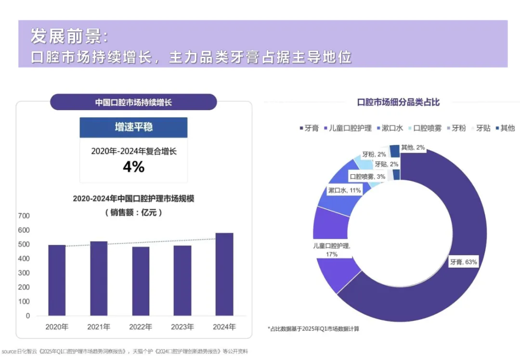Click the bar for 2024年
click(x=224, y=274)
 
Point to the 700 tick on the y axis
click(x=24, y=216)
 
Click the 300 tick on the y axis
click(x=24, y=273)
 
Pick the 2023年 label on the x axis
click(x=182, y=327)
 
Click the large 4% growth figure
click(x=133, y=167)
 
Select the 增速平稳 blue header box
click(x=133, y=127)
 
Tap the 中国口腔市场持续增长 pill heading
click(x=133, y=103)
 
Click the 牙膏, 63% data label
click(x=463, y=262)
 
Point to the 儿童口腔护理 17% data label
click(x=331, y=250)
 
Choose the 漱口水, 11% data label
click(x=344, y=191)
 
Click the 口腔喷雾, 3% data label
click(x=367, y=177)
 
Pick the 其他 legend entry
click(x=504, y=128)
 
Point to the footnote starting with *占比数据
click(x=313, y=329)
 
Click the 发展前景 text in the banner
click(x=70, y=36)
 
